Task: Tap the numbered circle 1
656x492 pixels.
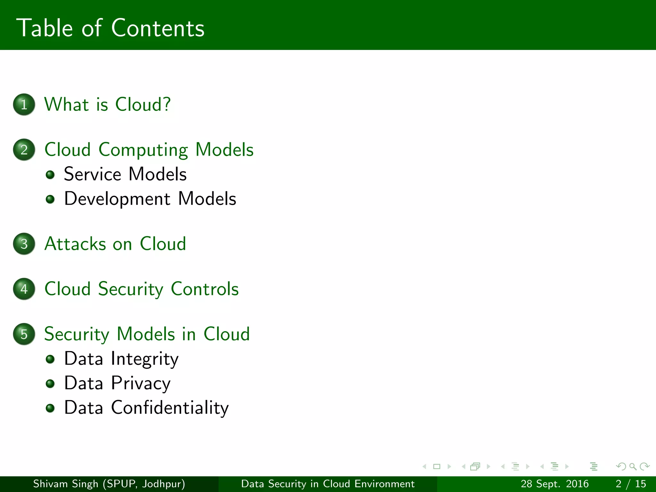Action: click(24, 104)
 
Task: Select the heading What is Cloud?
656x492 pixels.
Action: click(108, 104)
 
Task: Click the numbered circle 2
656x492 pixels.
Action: click(24, 150)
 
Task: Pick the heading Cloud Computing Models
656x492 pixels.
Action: click(149, 150)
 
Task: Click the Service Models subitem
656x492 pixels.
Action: click(125, 174)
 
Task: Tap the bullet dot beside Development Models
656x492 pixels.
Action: click(50, 199)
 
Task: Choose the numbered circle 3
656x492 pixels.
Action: click(24, 244)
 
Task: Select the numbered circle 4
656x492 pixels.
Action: click(24, 289)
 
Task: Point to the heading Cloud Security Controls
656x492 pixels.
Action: click(142, 289)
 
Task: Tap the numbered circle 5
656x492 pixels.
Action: click(24, 334)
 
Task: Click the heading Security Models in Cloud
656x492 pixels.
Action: click(147, 334)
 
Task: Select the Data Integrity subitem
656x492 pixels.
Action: click(121, 359)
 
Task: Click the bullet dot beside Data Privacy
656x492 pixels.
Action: click(50, 383)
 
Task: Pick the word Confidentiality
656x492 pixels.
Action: click(170, 408)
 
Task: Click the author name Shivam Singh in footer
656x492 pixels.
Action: click(66, 484)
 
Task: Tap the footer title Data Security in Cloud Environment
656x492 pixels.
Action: click(328, 484)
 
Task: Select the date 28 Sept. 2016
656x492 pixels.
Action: click(554, 484)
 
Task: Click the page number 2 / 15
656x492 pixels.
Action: click(631, 484)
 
